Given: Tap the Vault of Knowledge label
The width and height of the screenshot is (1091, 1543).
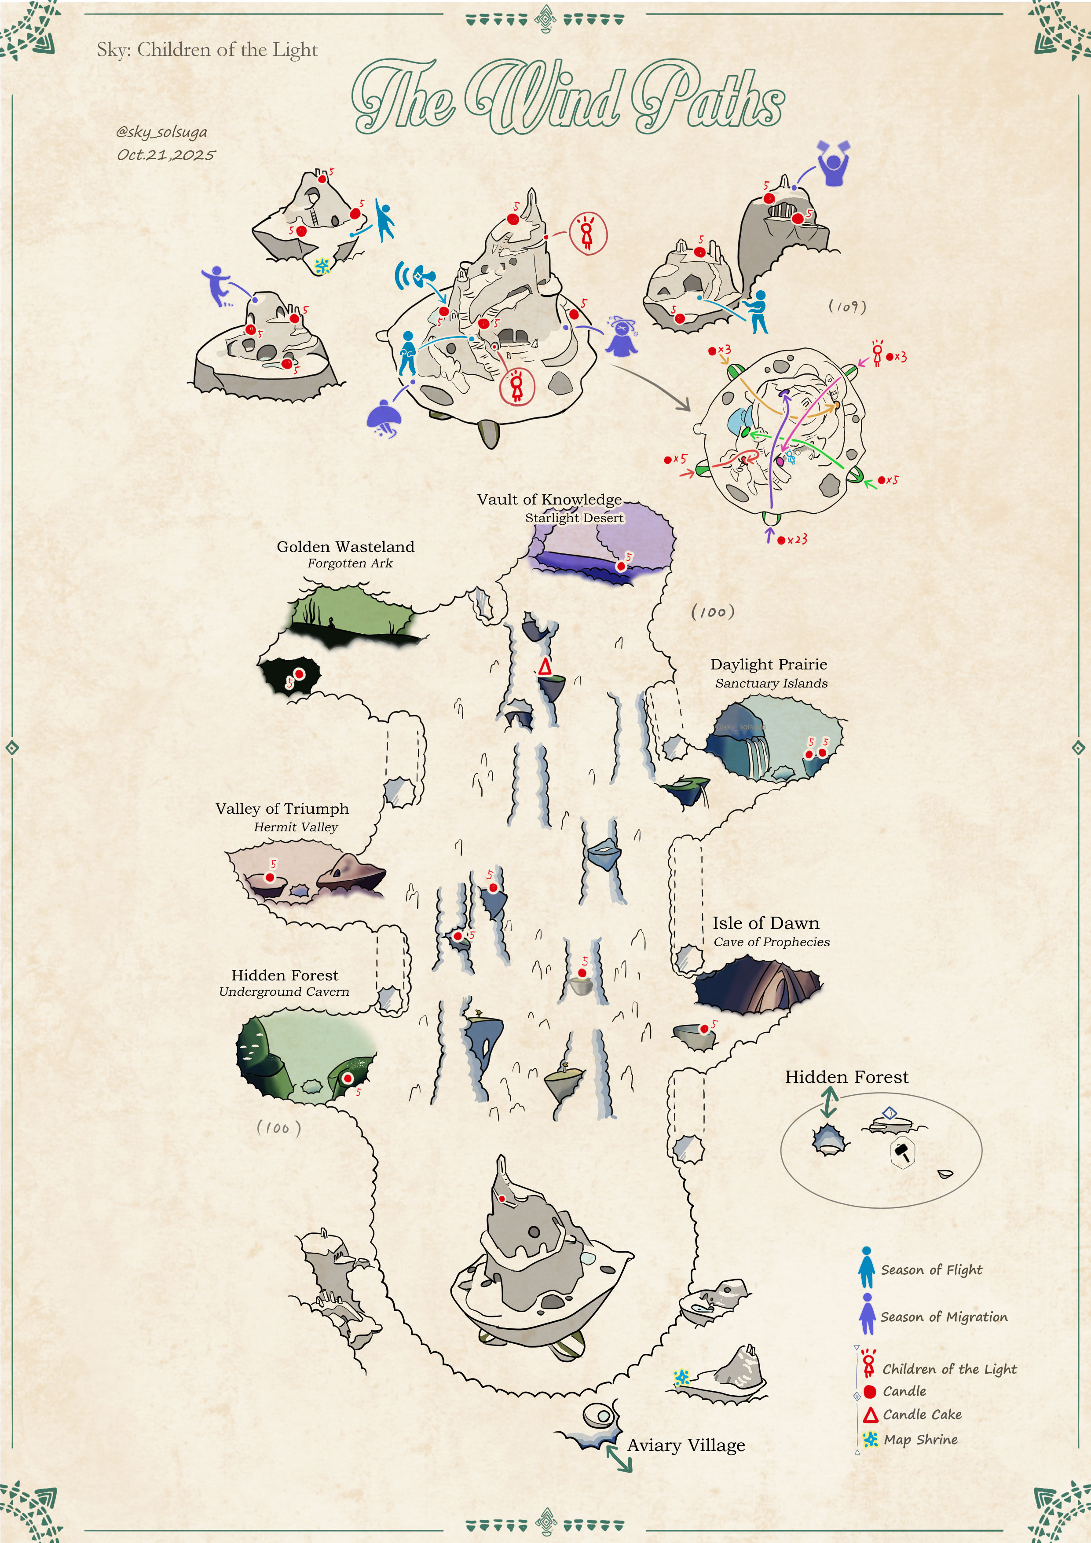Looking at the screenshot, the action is (x=549, y=499).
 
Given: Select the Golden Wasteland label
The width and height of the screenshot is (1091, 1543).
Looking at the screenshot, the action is (x=345, y=546).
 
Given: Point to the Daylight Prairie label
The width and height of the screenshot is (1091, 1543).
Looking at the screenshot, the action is (x=769, y=664).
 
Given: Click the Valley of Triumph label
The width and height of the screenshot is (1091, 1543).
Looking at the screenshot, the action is (x=282, y=808).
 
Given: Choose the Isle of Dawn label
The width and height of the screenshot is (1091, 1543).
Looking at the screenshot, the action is (x=765, y=923).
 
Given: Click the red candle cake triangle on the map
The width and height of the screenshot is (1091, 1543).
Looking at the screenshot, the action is (x=545, y=667).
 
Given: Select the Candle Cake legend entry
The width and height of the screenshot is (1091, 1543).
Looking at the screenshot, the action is (x=922, y=1415).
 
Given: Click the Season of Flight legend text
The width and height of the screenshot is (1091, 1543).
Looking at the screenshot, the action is (x=931, y=1269).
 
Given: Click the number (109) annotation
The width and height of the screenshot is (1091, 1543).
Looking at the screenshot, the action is (x=847, y=307).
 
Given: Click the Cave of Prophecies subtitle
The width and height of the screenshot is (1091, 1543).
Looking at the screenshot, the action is (x=772, y=942).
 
